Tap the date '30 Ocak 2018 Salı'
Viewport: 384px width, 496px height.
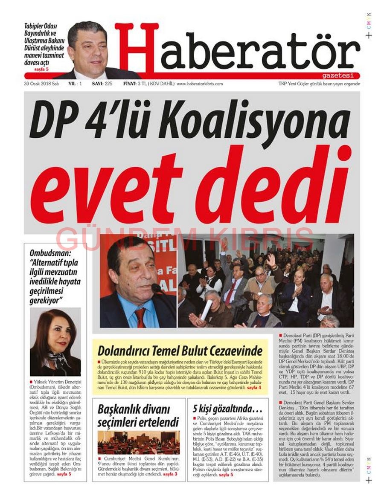[x=41, y=84]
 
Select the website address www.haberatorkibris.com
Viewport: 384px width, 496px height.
[x=200, y=84]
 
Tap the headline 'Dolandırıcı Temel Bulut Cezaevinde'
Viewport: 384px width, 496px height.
[x=180, y=351]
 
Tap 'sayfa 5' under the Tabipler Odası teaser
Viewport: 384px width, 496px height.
[x=42, y=69]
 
